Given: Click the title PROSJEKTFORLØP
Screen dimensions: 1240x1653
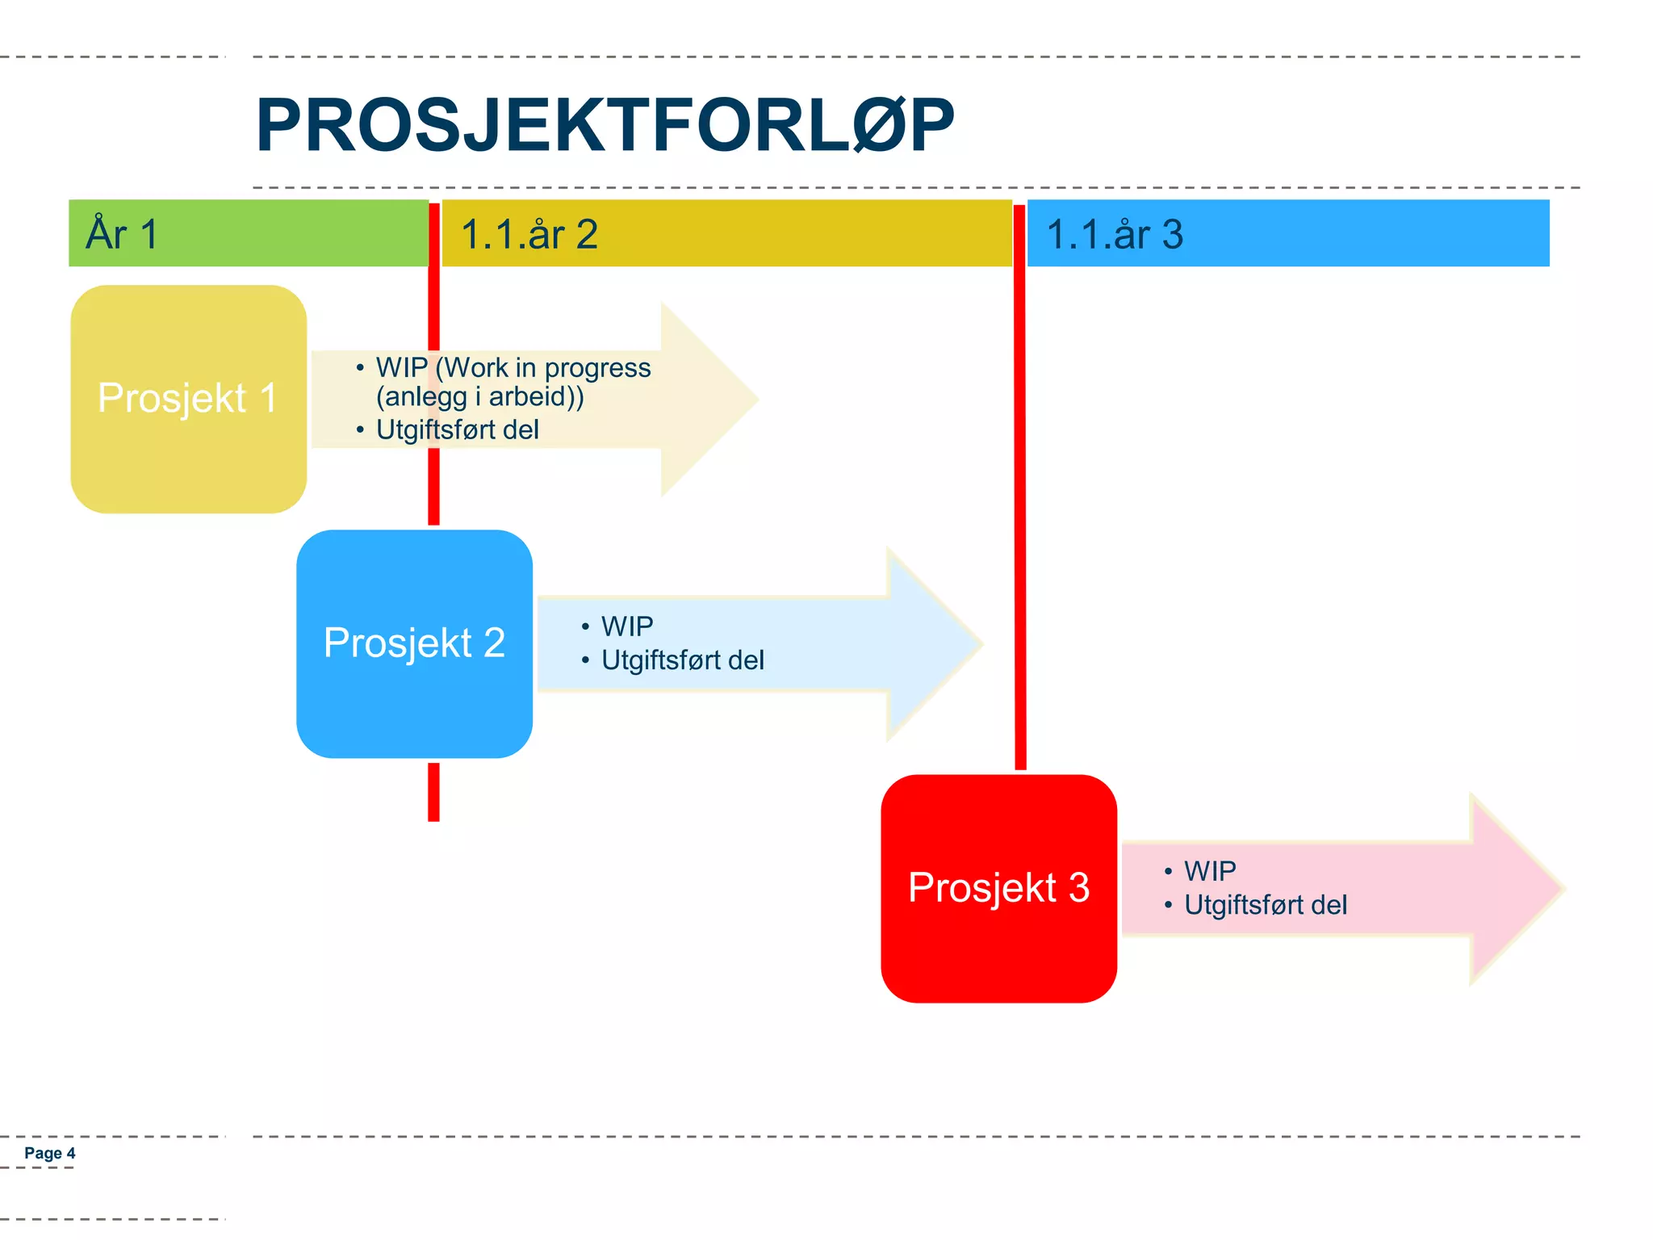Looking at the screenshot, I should point(605,125).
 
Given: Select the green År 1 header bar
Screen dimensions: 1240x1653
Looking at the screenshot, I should point(248,233).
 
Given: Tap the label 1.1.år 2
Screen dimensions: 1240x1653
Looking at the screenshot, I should point(529,235).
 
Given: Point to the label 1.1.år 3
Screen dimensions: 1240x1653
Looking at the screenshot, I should point(1114,235).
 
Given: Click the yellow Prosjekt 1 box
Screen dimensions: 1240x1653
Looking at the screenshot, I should point(188,399).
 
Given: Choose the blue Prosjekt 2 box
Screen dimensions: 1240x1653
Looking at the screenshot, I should point(414,643).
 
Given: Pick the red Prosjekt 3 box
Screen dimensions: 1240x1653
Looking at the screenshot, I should point(998,888).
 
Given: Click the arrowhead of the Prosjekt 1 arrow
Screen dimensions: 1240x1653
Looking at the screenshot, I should point(706,400).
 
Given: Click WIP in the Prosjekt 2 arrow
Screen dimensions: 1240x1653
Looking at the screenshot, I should point(627,626).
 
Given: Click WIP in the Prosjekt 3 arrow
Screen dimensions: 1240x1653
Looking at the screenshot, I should point(1209,871).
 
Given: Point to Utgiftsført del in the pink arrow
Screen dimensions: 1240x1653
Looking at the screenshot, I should point(1265,905).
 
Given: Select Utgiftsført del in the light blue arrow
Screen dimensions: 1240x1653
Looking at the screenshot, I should point(682,660).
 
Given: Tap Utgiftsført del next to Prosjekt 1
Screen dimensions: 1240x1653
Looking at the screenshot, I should point(457,429).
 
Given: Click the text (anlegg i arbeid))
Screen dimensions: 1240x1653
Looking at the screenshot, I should point(479,396).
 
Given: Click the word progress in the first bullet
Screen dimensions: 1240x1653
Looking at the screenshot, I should point(597,367).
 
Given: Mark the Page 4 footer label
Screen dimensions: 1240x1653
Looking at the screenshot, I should point(49,1153).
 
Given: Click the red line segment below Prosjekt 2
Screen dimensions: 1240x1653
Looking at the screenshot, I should point(433,791).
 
